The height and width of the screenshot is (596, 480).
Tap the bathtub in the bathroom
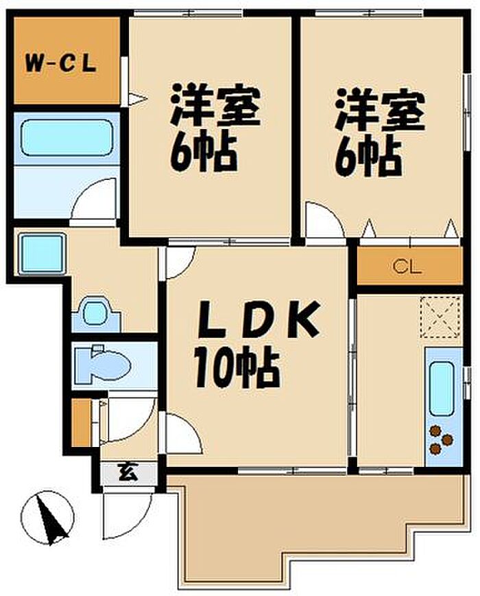(66, 137)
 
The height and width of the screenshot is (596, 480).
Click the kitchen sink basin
(441, 390)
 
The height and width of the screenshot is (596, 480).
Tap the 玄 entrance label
(128, 472)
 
